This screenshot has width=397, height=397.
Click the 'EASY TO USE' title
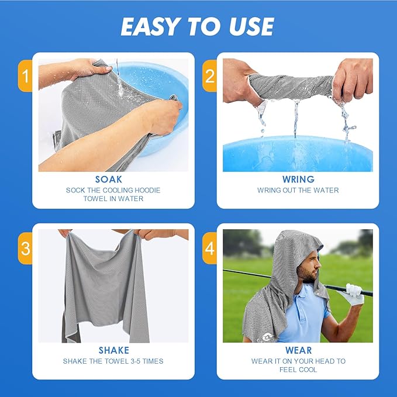coord(198,26)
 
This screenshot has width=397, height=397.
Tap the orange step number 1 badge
coord(25,75)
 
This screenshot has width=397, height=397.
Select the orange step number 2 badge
coord(209,75)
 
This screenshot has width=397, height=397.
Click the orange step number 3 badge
coord(25,248)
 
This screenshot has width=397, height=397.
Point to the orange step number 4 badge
coord(209,248)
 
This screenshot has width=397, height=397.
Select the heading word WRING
coord(298,179)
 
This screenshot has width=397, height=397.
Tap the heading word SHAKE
coord(113,350)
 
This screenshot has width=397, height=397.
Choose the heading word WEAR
coord(298,350)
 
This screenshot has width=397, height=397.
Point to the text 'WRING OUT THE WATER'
coord(298,190)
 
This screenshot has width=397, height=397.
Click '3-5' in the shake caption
coord(143,361)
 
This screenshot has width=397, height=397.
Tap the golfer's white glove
coord(354,294)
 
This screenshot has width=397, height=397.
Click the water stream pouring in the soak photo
coord(119,79)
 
